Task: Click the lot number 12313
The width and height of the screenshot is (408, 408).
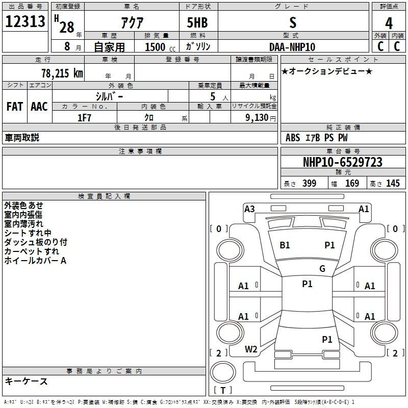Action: point(25,22)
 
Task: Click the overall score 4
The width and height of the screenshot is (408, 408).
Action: point(389,23)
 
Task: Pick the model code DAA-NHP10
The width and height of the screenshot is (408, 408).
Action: point(292,47)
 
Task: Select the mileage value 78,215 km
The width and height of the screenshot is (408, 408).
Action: point(62,73)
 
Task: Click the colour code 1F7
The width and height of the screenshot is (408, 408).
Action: point(84,117)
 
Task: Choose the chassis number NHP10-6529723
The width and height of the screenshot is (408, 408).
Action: point(342,162)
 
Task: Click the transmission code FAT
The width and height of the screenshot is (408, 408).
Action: point(14,107)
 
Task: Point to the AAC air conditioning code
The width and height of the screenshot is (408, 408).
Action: point(39,107)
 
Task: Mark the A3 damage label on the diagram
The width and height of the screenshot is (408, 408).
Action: point(249,209)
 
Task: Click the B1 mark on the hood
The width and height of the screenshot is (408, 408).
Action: point(285,245)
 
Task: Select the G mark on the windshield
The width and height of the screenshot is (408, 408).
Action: point(322,269)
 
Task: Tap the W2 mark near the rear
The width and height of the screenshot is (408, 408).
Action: point(251,349)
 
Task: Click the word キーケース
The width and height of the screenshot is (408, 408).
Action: point(26,381)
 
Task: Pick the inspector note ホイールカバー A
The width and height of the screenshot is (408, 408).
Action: point(35,261)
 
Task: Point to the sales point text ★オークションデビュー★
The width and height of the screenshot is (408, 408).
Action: point(326,71)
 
